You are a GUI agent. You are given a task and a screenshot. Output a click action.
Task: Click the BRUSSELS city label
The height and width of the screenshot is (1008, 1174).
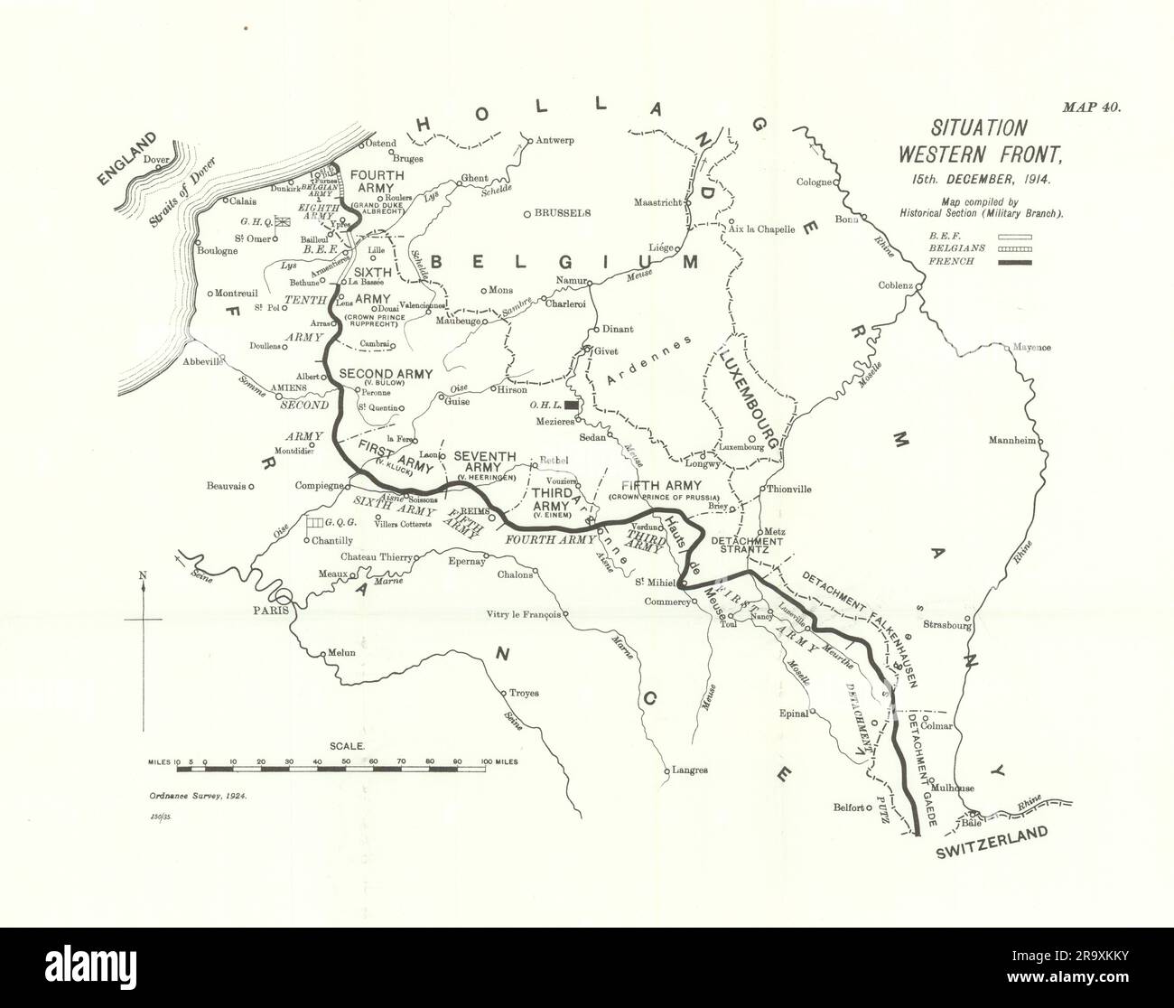(x=562, y=213)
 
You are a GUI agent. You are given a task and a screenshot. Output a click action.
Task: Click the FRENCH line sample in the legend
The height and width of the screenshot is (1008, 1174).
(x=1015, y=262)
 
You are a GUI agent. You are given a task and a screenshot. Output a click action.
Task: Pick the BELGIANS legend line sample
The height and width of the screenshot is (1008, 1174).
(x=1015, y=248)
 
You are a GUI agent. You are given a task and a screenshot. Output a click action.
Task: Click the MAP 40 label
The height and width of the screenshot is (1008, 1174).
(x=1091, y=107)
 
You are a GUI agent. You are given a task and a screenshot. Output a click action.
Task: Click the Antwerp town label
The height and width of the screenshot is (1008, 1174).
(x=555, y=141)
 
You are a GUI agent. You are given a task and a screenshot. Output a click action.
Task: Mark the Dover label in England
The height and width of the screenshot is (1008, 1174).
(x=157, y=160)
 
